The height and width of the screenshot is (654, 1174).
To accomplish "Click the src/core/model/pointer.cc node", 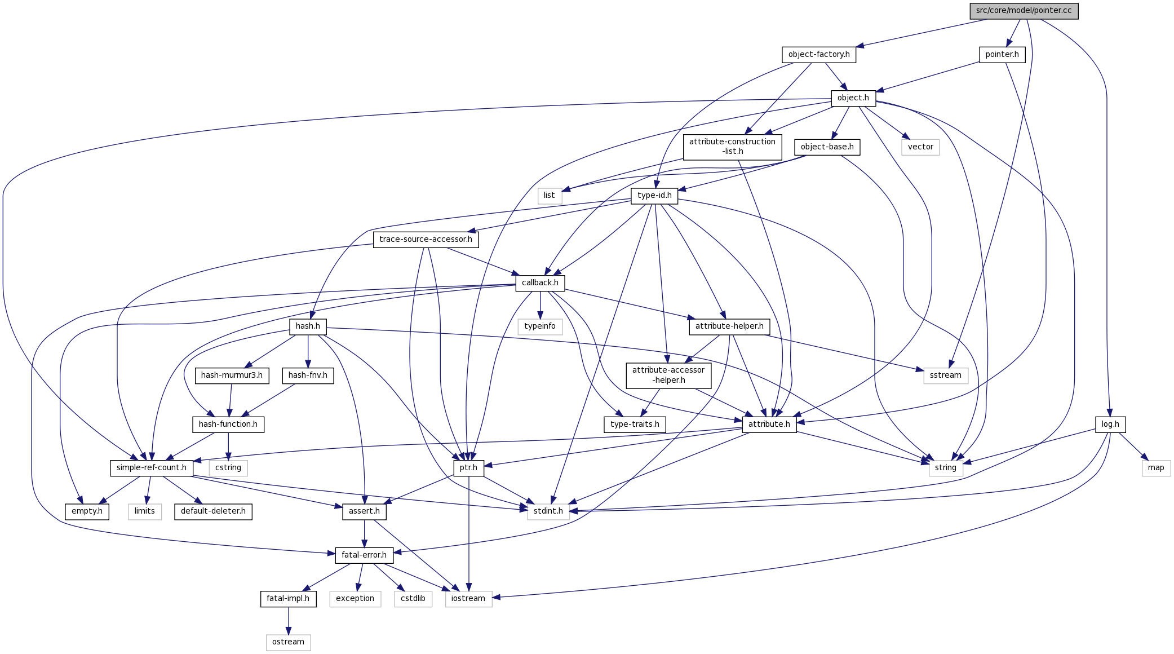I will [1024, 11].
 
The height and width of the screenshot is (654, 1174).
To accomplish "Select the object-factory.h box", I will [818, 55].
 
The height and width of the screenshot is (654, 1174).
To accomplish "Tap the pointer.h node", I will [1002, 55].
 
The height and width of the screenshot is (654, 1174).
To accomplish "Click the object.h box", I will [853, 98].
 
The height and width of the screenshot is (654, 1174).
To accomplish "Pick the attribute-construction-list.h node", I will [732, 147].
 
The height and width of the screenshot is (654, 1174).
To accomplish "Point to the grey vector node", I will [920, 147].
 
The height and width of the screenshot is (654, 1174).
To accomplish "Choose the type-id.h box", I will [654, 196].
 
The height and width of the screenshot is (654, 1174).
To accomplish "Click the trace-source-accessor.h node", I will [426, 240].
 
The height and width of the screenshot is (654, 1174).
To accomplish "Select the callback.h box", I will [540, 283].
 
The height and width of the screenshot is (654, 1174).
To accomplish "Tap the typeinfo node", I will [539, 326].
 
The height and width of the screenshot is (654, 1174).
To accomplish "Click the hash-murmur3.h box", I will [232, 375].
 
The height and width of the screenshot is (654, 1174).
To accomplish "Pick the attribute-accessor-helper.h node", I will [668, 375].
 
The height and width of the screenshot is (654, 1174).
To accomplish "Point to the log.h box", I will [1110, 425].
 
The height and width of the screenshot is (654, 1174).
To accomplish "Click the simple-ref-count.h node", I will [151, 468].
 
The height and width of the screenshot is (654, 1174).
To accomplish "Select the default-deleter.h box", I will [213, 511].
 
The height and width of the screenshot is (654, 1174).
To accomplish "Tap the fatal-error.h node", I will [364, 555].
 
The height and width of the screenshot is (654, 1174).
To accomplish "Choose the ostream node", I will [288, 642].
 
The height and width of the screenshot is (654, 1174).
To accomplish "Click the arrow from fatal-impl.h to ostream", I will [289, 621].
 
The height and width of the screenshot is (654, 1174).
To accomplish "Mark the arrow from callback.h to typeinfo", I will [540, 305].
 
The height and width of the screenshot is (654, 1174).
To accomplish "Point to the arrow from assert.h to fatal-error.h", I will [365, 533].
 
